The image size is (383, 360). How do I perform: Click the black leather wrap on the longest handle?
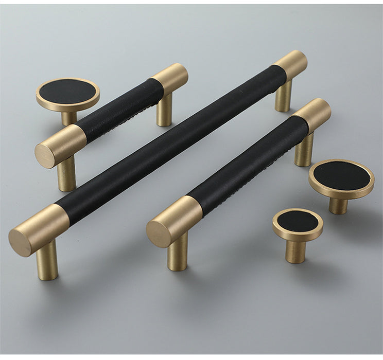point(170,144)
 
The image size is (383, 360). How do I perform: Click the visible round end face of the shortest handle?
point(45,155)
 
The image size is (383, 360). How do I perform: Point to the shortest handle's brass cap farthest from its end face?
point(170,77)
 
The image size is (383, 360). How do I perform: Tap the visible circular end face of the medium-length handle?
point(158,235)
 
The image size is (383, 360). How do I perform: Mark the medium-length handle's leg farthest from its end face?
point(304,149)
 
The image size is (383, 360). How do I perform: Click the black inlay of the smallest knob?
point(298,221)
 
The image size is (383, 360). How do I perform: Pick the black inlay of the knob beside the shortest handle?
point(67,92)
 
